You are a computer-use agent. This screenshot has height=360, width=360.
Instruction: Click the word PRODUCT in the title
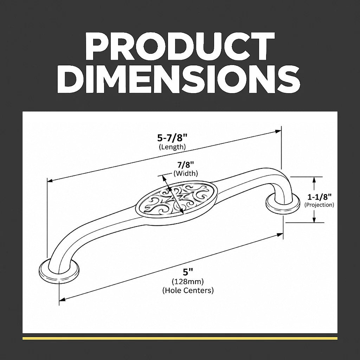(x=180, y=46)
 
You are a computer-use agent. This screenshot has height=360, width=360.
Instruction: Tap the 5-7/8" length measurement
(x=172, y=138)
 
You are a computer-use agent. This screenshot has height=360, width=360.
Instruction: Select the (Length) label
(x=172, y=147)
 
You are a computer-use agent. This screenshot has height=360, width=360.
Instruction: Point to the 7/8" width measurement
(x=186, y=165)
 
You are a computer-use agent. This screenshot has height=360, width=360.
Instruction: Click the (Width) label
(x=186, y=173)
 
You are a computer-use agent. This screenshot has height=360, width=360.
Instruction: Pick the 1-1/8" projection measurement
(x=319, y=197)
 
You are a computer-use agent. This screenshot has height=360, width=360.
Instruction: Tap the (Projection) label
(x=319, y=205)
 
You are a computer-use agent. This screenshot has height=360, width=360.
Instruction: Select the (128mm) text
(x=188, y=281)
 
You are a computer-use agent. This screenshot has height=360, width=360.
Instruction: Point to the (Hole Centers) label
(x=188, y=290)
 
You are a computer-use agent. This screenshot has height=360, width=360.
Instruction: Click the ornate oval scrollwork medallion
(x=177, y=198)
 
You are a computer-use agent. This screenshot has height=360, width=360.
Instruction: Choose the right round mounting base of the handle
(x=283, y=204)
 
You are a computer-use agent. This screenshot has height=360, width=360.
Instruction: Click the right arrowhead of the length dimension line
(x=278, y=131)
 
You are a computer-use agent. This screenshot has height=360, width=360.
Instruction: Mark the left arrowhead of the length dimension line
(x=50, y=180)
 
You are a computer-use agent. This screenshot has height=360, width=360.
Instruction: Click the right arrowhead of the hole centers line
(x=280, y=235)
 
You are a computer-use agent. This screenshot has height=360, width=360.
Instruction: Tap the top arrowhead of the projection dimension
(x=314, y=180)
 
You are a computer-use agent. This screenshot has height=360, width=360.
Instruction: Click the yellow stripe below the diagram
(x=180, y=338)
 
